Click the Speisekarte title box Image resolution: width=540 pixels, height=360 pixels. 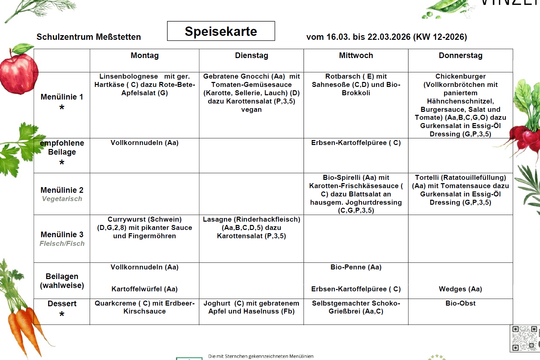221,31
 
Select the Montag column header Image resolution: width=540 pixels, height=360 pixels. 144,56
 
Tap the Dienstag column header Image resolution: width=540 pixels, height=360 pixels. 251,56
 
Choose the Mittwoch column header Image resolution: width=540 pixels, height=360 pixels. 356,56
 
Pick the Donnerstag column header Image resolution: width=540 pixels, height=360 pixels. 460,56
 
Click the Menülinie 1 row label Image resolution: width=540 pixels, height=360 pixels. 62,97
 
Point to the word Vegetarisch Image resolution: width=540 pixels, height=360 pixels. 62,199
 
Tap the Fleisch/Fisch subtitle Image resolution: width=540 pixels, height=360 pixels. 62,244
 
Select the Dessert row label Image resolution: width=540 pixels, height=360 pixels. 62,304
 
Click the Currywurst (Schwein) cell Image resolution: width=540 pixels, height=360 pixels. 144,228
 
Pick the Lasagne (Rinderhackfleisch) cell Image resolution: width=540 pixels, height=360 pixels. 251,228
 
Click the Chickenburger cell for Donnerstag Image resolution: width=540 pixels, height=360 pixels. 460,105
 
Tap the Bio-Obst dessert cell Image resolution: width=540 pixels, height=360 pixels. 460,303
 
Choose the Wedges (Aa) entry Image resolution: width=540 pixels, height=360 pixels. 460,289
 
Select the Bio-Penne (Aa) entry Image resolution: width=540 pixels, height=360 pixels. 356,267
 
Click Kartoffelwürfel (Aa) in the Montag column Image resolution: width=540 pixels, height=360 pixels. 144,289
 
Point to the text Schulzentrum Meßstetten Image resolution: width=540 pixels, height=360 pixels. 89,37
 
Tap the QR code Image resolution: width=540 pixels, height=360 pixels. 525,338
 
